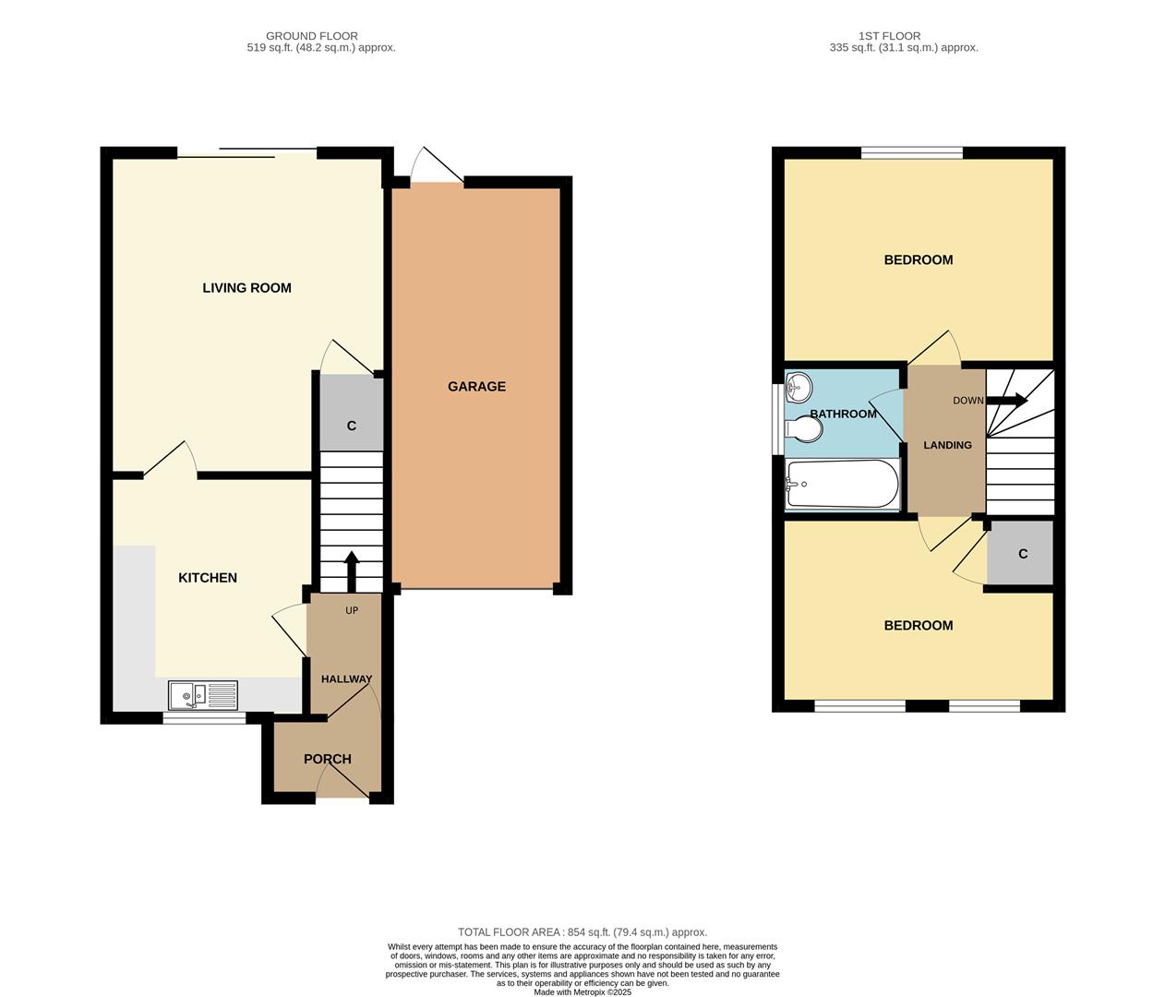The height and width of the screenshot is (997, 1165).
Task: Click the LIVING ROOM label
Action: point(246,288)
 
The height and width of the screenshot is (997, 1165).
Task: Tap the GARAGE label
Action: point(476,387)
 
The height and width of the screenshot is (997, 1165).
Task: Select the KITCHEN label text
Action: point(208,578)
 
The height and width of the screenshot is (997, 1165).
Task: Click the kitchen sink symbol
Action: point(203,695)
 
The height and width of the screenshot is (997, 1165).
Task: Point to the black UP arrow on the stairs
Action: point(351,570)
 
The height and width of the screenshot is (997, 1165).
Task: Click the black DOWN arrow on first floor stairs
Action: point(1007,401)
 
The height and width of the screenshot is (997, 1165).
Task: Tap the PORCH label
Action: point(328,760)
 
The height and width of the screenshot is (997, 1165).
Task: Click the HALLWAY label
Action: point(346,679)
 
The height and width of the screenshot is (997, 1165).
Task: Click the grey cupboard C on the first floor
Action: point(1021,553)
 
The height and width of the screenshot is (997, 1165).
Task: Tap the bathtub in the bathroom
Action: point(841,484)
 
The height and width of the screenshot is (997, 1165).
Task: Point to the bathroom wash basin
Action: point(797,387)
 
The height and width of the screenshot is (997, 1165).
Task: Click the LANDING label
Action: point(947,445)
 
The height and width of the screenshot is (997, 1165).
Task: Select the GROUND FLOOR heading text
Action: point(312,36)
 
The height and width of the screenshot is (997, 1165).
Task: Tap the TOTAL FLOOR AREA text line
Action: point(582,932)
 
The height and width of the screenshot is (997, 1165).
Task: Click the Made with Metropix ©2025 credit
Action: point(582,992)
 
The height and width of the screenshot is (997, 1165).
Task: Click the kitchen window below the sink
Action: point(205,717)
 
